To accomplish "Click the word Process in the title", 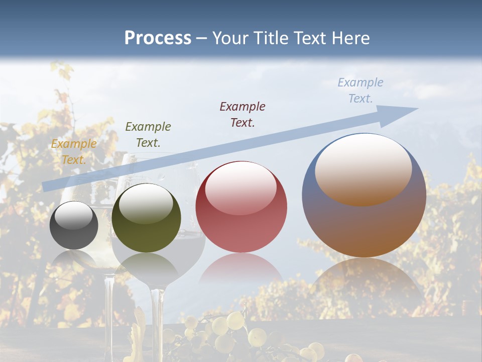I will [x=158, y=38].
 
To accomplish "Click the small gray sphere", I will [x=74, y=225].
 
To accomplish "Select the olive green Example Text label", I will [x=148, y=135].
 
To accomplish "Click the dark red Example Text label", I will [x=243, y=114].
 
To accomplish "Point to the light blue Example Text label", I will [x=360, y=90].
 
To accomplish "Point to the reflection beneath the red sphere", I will [x=241, y=269].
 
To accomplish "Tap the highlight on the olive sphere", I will [x=146, y=204].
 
